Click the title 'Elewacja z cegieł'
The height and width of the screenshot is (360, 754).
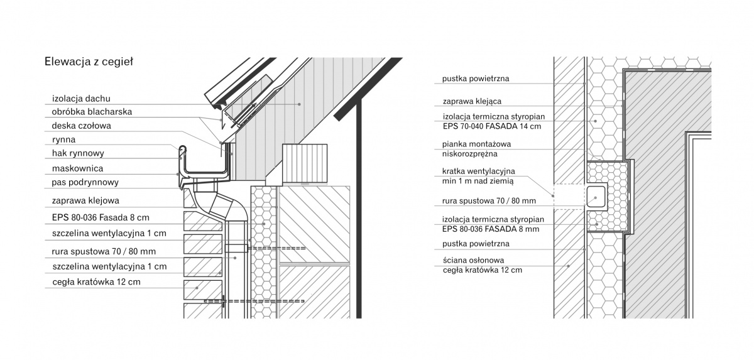click(x=89, y=62)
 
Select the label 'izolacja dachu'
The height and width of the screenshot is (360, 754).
click(x=81, y=99)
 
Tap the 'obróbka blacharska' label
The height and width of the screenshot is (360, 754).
click(x=92, y=112)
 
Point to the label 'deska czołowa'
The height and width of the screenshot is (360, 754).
click(x=81, y=126)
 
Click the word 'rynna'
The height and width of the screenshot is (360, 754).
click(x=63, y=140)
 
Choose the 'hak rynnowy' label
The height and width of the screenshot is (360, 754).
click(x=78, y=153)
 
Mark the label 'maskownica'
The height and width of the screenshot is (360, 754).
click(x=77, y=168)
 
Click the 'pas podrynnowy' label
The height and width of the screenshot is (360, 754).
click(x=85, y=183)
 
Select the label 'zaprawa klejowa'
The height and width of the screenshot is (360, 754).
click(x=85, y=201)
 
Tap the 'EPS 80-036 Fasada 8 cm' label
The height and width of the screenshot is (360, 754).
click(x=101, y=217)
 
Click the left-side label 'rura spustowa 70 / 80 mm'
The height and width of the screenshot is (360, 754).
click(x=104, y=251)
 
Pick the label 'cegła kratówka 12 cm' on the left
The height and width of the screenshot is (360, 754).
click(x=96, y=282)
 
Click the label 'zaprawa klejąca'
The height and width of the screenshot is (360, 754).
click(x=472, y=101)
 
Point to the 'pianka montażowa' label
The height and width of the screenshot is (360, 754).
click(x=476, y=144)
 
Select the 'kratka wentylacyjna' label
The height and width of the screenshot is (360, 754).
click(x=479, y=172)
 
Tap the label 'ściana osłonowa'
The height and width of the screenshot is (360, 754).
click(x=473, y=260)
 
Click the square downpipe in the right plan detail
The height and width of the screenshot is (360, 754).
click(x=596, y=197)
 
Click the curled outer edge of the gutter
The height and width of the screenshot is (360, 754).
click(x=182, y=151)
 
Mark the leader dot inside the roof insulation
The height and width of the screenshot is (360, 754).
click(x=299, y=104)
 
